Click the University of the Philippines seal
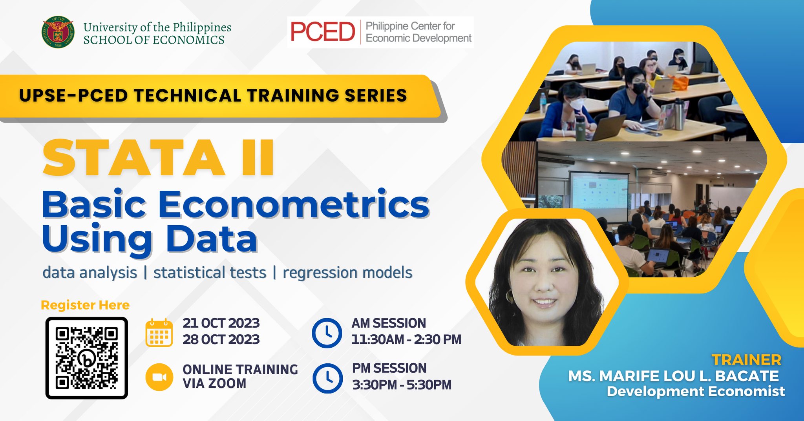click(58, 32)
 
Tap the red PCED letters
click(322, 32)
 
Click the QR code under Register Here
click(87, 358)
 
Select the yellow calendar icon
click(159, 333)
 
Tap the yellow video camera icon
click(159, 377)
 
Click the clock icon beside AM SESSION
click(327, 333)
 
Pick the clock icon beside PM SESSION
click(327, 378)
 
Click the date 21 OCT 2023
click(221, 323)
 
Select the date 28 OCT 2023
click(221, 339)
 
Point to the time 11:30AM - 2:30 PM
click(406, 339)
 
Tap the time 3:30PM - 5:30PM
click(402, 385)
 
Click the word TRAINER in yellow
click(746, 360)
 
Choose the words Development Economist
click(696, 391)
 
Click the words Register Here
click(85, 305)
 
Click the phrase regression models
click(347, 273)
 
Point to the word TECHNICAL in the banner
click(187, 96)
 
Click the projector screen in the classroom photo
click(599, 190)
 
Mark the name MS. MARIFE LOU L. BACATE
click(673, 376)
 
